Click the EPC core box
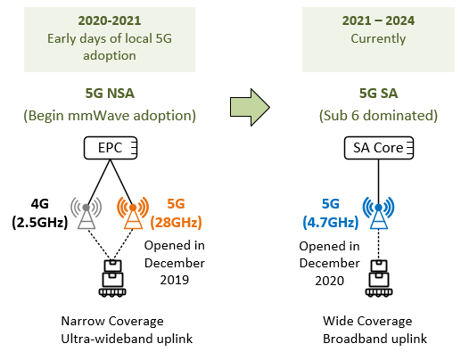point(111,148)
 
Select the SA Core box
point(378,148)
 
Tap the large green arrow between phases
point(250,107)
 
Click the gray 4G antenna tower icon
point(86,213)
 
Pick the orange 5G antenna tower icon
point(133,213)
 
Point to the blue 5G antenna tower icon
point(378,213)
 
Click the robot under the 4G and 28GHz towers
point(112,278)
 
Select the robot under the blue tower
point(379,278)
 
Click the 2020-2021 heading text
point(110,20)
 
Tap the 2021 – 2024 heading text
point(378,20)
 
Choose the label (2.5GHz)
point(40,222)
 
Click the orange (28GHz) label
point(176,222)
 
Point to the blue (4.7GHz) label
point(331,222)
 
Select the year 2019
point(175,280)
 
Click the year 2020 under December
point(330,281)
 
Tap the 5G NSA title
point(110,94)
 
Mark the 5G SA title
point(378,94)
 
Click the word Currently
point(378,39)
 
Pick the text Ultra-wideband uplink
point(127,339)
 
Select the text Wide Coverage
point(367,321)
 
